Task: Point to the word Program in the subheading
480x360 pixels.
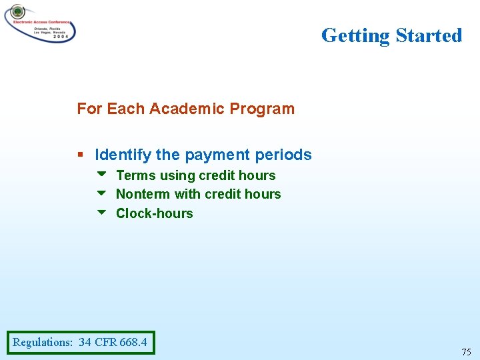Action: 263,109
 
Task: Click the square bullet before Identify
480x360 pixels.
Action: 80,155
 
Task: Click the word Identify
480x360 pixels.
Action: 123,155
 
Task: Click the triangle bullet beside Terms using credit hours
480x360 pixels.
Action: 101,175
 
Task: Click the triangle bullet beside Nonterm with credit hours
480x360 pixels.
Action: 101,193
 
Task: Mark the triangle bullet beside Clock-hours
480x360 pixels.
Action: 101,213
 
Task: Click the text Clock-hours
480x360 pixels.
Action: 154,213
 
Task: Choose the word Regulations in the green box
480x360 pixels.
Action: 42,343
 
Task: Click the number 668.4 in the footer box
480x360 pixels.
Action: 133,343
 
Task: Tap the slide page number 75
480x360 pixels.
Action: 465,352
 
